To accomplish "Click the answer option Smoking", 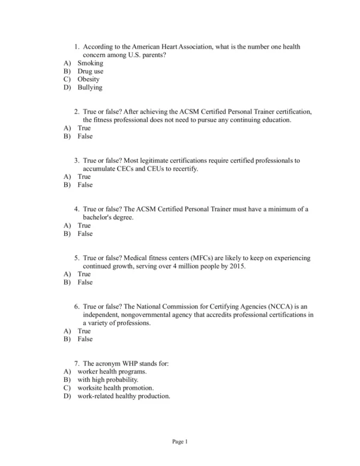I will coord(90,63).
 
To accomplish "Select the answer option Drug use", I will coord(90,71).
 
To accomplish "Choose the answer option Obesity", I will coord(88,79).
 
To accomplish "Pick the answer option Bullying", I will coord(90,88).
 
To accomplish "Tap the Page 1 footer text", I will coord(180,443).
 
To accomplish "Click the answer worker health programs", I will coord(112,372).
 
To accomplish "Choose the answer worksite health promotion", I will coord(115,388).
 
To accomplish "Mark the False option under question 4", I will coord(85,234).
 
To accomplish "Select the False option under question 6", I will coord(85,339).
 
